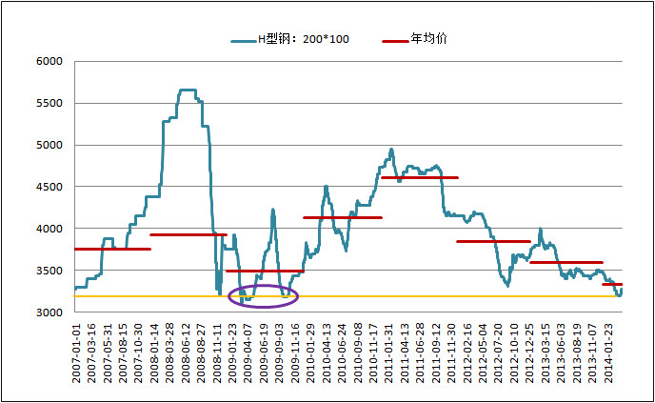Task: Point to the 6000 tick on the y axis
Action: pyautogui.click(x=49, y=62)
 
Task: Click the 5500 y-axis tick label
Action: pyautogui.click(x=49, y=104)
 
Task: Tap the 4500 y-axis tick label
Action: pyautogui.click(x=49, y=188)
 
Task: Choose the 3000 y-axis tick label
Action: pyautogui.click(x=49, y=312)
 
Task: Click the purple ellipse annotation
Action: pyautogui.click(x=264, y=296)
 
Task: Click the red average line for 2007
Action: pyautogui.click(x=111, y=249)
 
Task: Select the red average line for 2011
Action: pyautogui.click(x=419, y=177)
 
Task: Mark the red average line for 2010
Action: pyautogui.click(x=342, y=217)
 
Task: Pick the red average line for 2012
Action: pyautogui.click(x=493, y=241)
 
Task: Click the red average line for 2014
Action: pyautogui.click(x=612, y=284)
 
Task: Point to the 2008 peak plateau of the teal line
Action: pyautogui.click(x=188, y=91)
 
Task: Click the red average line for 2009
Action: pyautogui.click(x=265, y=271)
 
